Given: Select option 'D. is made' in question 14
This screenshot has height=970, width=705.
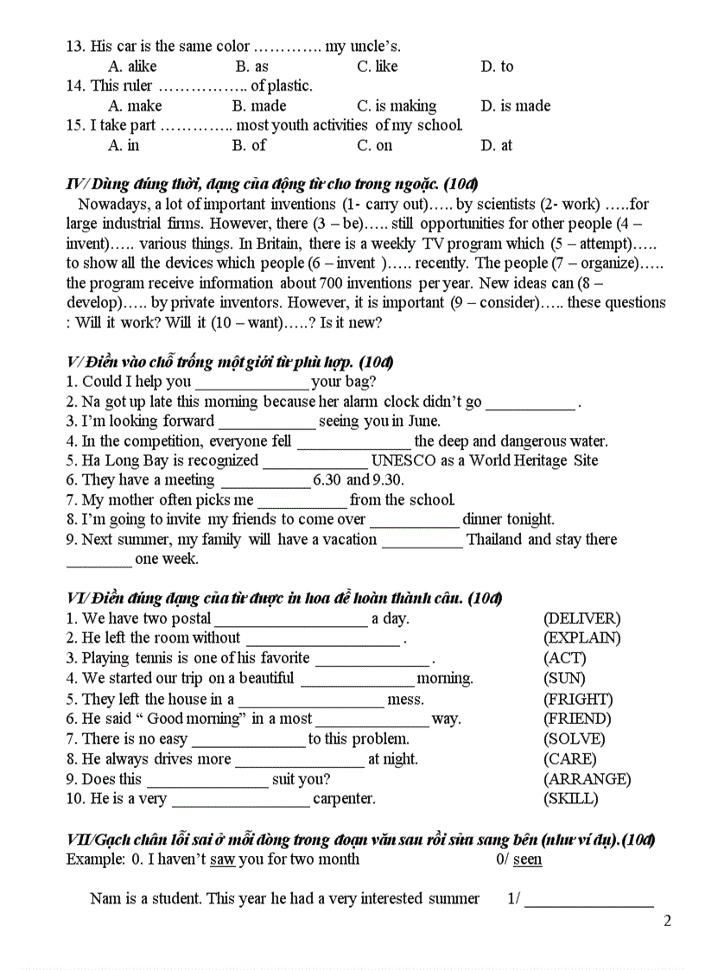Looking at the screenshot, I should tap(515, 106).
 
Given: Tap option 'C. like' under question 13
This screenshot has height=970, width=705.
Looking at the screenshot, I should tap(377, 67).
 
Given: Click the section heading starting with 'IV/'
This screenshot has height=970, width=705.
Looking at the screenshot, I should tap(272, 184).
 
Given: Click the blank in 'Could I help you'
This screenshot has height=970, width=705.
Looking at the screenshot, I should tap(251, 382).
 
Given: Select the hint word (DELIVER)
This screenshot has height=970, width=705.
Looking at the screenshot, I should tap(581, 618).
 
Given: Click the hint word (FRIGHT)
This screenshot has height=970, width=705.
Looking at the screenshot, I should tap(577, 699).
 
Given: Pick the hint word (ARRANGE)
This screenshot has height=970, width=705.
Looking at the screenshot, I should tap(587, 779).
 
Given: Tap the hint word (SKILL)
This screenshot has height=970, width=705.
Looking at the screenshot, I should tap(570, 799).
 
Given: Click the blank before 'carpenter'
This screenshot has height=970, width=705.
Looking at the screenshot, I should tap(240, 800).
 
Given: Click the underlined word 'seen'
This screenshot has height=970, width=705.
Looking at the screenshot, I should tap(527, 859).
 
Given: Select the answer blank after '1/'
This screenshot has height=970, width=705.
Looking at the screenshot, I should tap(588, 899).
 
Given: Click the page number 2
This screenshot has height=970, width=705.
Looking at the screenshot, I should tap(667, 920).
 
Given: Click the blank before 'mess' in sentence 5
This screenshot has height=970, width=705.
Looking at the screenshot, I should tap(310, 700).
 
